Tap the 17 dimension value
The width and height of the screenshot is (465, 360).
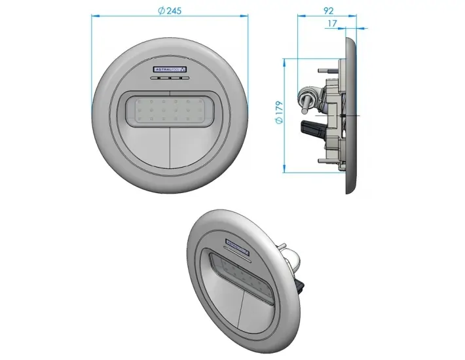click(x=332, y=24)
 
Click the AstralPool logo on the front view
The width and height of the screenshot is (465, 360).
click(x=170, y=69)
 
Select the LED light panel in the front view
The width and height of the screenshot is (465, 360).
click(x=170, y=108)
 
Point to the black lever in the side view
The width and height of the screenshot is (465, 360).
click(x=310, y=128)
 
